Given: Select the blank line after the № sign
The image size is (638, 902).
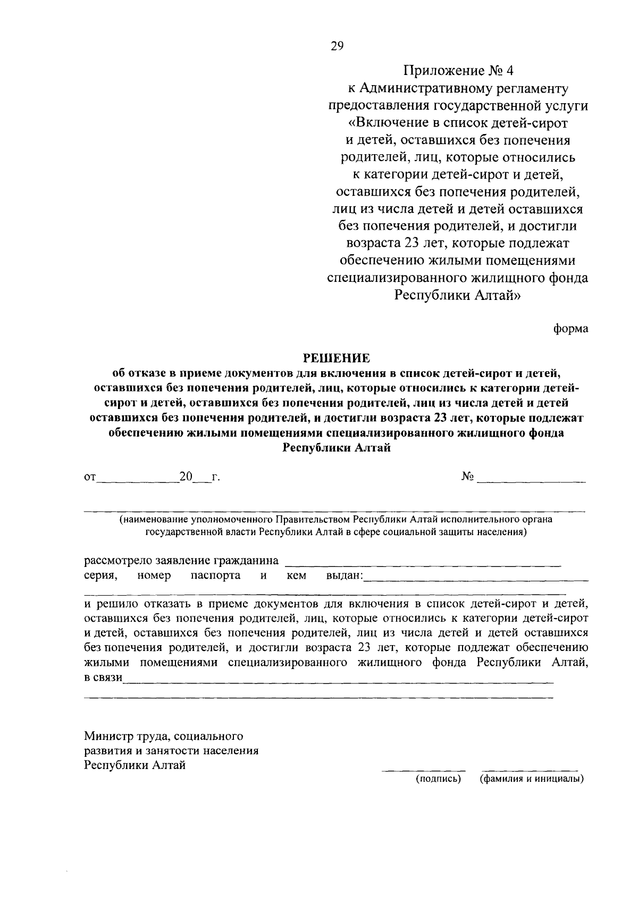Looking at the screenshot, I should tap(531, 481).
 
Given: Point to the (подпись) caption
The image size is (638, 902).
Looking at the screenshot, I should tap(438, 780).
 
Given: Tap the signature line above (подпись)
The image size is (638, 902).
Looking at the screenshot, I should tap(424, 770).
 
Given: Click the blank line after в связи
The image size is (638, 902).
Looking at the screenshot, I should tap(338, 682).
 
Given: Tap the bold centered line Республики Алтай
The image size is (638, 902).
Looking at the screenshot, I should tap(336, 448).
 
